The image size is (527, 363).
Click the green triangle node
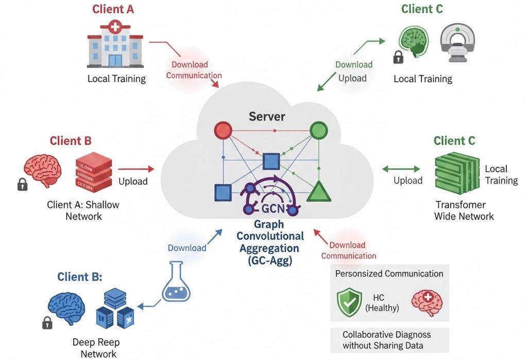pyautogui.click(x=319, y=192)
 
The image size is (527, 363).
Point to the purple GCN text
pyautogui.click(x=271, y=210)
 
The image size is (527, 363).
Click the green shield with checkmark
pyautogui.click(x=349, y=302)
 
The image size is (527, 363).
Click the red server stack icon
pyautogui.click(x=94, y=172)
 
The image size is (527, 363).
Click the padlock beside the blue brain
pyautogui.click(x=47, y=323)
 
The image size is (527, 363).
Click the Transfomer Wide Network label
pyautogui.click(x=464, y=210)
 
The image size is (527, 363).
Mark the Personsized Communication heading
pyautogui.click(x=389, y=273)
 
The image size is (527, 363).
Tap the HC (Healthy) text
pyautogui.click(x=382, y=303)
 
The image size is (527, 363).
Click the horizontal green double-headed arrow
pyautogui.click(x=401, y=168)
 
